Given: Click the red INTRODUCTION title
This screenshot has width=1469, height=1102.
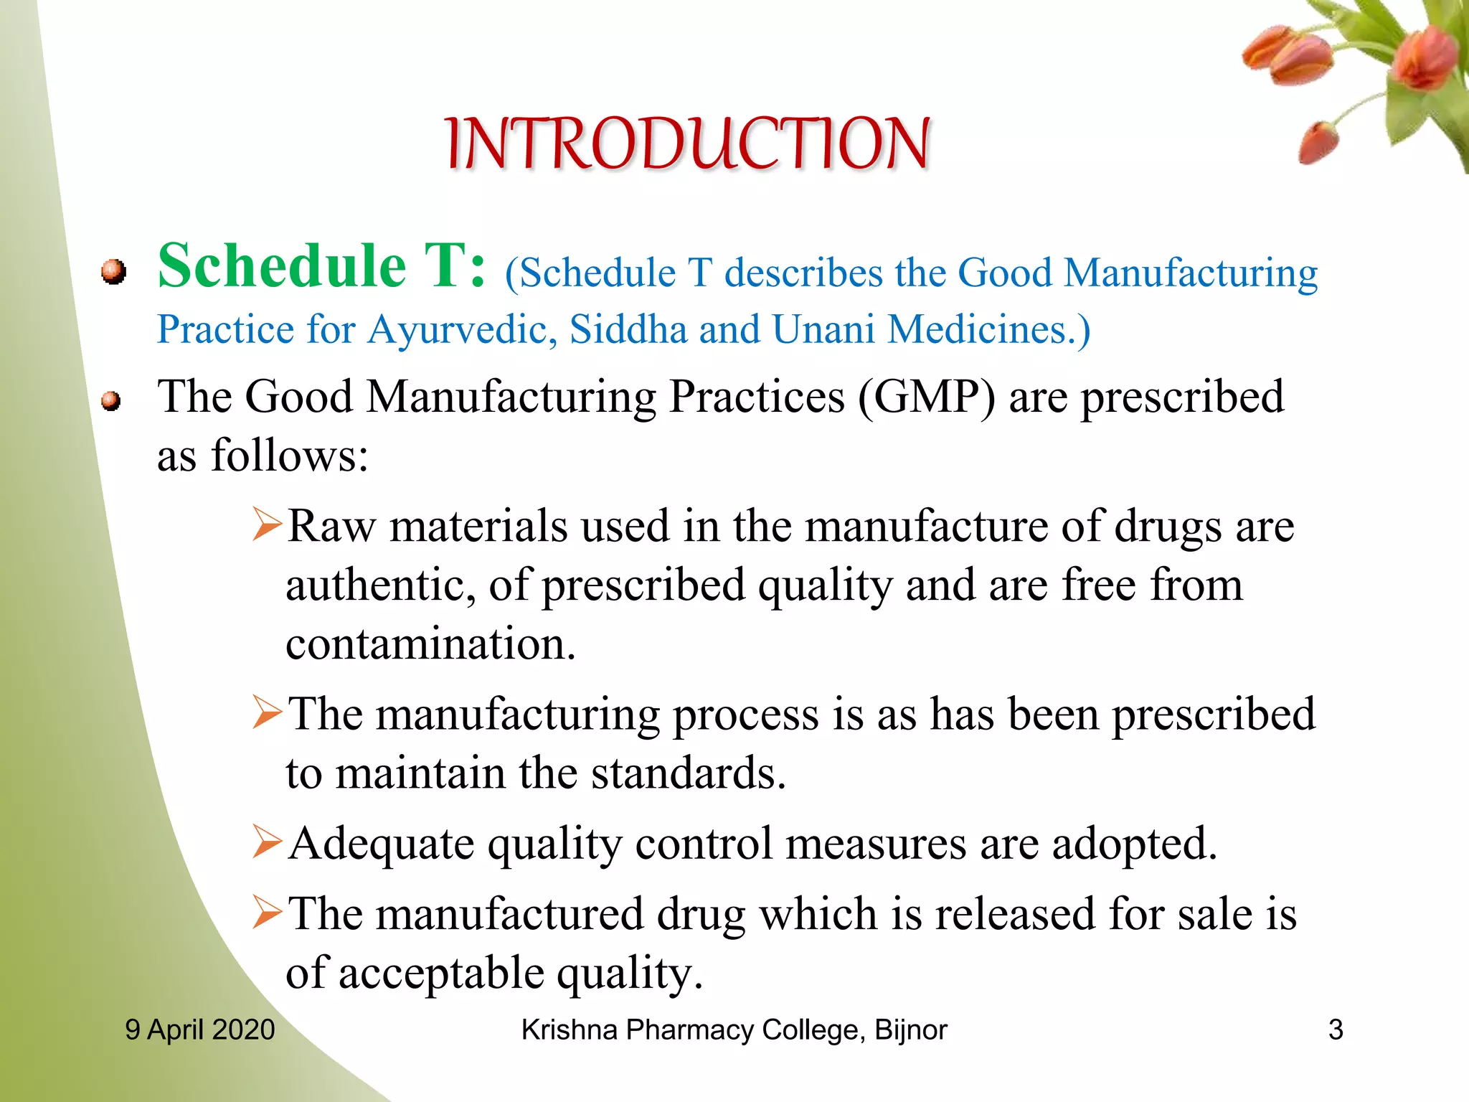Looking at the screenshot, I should click(x=687, y=144).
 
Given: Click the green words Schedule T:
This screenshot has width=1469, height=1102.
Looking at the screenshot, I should click(x=321, y=267).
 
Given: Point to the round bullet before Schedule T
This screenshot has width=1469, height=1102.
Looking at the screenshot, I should click(x=113, y=272).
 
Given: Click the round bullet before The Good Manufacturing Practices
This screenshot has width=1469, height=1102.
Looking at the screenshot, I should click(x=110, y=401).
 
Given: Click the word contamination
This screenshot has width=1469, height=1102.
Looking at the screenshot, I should click(x=430, y=644).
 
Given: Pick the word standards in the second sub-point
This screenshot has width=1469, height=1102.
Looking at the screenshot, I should click(x=688, y=773).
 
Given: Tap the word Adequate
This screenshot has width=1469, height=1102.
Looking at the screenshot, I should click(x=381, y=844).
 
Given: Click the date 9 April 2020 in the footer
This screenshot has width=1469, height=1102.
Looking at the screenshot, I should click(x=200, y=1030).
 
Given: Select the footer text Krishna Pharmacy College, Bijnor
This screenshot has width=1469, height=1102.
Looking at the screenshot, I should click(x=734, y=1030).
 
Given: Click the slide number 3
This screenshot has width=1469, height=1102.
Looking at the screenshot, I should click(x=1335, y=1030).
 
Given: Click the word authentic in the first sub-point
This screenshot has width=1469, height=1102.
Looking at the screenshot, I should click(x=379, y=585).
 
